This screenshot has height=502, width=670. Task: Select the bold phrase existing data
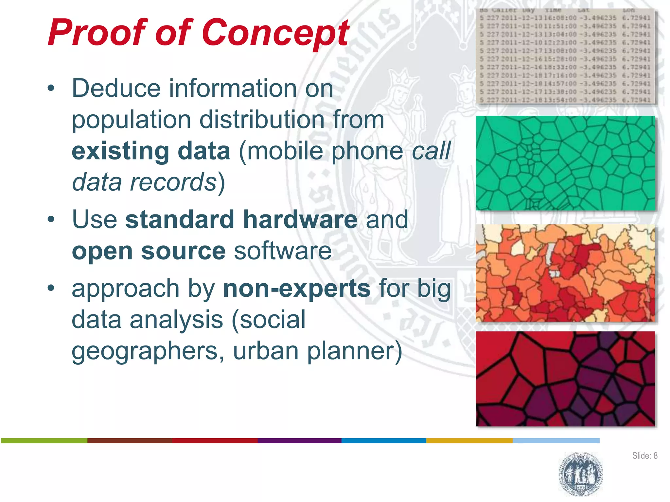coord(151,151)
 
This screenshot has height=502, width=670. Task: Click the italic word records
coord(173,182)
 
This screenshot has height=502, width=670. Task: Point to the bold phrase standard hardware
coord(241,219)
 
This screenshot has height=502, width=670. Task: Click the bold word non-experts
coord(296,289)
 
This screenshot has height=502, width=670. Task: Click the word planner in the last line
coord(350,351)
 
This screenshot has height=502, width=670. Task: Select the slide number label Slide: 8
coord(644,456)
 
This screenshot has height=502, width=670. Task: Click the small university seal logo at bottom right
coord(581,474)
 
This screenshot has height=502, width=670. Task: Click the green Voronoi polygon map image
coord(565,163)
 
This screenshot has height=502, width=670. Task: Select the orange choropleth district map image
coord(565,273)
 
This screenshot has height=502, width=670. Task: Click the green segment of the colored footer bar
coord(44,441)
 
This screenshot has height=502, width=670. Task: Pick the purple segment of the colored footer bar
coord(299,441)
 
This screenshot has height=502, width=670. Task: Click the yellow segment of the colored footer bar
coord(469,441)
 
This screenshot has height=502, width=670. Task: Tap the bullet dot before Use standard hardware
coord(51,219)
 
